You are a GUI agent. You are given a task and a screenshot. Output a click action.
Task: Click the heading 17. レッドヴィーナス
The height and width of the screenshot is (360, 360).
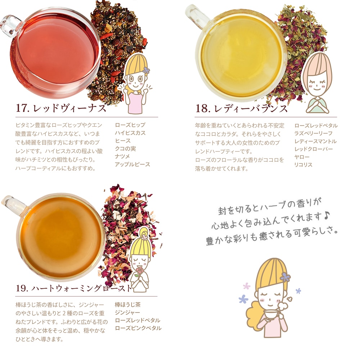point(61,108)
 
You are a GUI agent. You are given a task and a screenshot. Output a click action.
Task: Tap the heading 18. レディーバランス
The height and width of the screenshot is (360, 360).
point(242,108)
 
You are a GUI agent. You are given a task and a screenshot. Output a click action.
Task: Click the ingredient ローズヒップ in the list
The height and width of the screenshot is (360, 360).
point(130,125)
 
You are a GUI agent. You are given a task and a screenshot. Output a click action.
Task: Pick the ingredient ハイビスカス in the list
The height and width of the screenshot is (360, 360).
point(130,133)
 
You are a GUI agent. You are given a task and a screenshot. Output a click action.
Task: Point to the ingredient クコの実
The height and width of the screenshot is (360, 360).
point(125,149)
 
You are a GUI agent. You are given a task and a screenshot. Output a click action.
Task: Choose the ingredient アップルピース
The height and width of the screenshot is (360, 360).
point(132,165)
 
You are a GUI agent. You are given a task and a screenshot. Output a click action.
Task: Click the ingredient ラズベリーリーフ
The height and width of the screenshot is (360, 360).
point(313,133)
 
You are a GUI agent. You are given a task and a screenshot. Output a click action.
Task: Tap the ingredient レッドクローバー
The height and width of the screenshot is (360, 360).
point(313,149)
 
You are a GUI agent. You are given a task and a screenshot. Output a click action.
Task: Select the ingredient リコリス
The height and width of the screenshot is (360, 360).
point(303,165)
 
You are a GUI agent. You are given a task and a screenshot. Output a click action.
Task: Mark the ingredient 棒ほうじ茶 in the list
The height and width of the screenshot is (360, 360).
point(127,305)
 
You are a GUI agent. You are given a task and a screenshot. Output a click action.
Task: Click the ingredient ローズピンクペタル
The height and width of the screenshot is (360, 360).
point(138,328)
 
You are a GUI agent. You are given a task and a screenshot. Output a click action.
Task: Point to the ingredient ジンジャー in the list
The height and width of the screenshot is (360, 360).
point(127,312)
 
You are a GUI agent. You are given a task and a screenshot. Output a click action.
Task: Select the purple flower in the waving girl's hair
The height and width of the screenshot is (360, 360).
point(145,70)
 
